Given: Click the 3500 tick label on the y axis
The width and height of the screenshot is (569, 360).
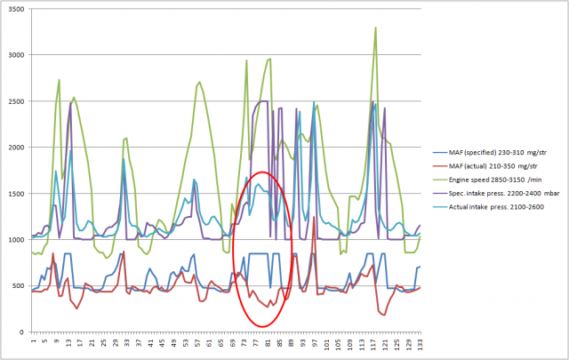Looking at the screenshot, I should (x=16, y=9).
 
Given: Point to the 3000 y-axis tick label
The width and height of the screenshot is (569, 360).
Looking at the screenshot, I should (x=16, y=55).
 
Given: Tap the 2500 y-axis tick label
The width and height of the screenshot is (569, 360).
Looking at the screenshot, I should (x=16, y=101).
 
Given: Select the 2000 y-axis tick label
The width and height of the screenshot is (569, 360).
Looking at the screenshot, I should (x=16, y=148).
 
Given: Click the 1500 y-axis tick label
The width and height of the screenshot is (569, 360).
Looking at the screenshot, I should (x=16, y=194).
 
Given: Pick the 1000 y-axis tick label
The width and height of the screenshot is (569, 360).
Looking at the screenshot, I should (x=16, y=240).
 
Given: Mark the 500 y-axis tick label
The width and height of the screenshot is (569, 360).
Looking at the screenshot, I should (x=18, y=286).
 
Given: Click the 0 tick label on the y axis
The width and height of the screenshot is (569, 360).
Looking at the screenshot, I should (x=23, y=332).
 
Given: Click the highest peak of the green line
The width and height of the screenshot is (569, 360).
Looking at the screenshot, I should (x=376, y=28).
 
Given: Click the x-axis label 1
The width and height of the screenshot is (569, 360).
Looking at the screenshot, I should (x=33, y=341).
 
